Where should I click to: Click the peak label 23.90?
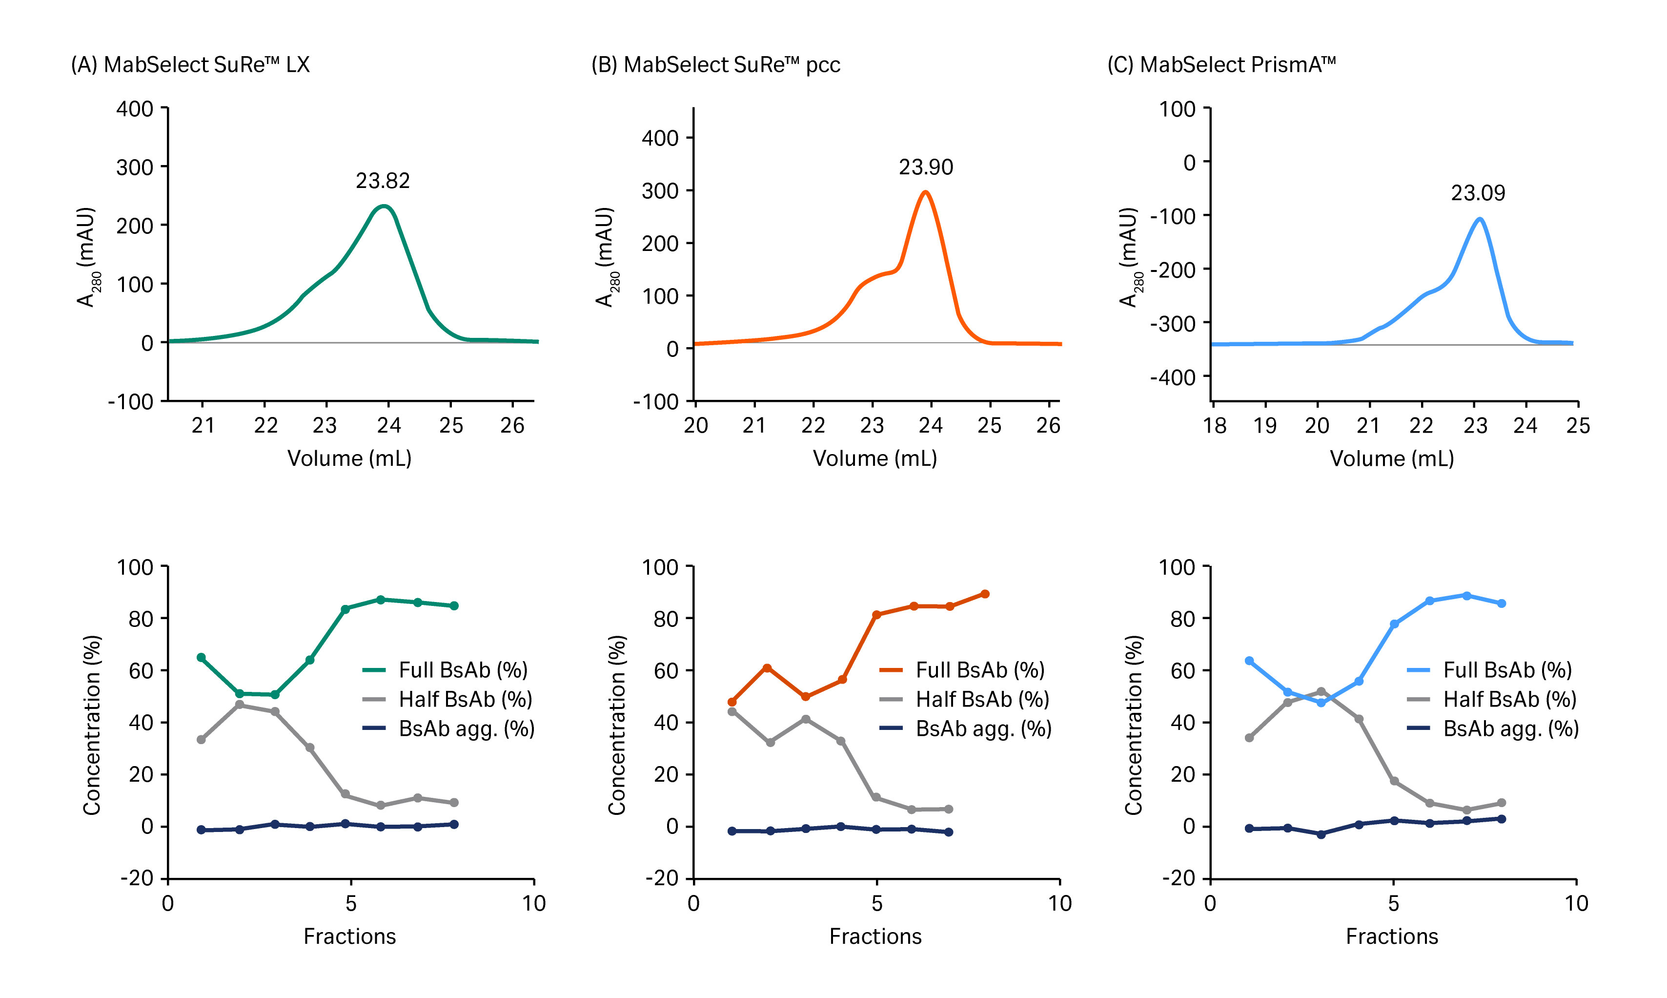point(926,167)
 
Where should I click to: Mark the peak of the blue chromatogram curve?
point(1480,219)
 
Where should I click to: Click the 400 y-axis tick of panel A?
point(135,109)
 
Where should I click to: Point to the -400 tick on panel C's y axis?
point(1172,377)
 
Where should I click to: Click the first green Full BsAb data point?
point(201,657)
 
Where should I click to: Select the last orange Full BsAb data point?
point(985,594)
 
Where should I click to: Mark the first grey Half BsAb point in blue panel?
point(1249,738)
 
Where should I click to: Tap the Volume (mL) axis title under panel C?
point(1391,458)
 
